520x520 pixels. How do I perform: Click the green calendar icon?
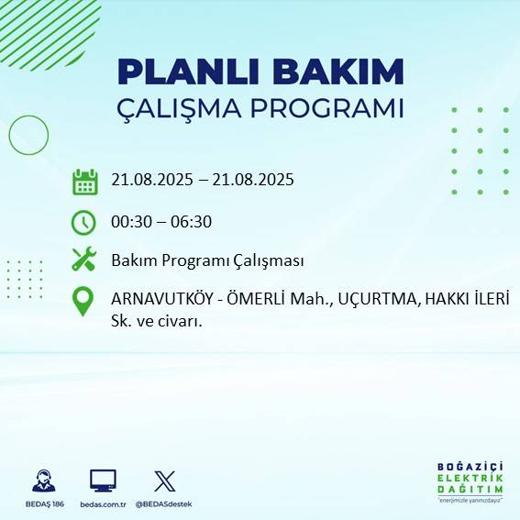coord(84,181)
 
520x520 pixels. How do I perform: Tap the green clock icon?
coord(84,222)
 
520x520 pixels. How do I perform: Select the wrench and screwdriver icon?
coord(84,260)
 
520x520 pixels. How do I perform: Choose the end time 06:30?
coord(192,221)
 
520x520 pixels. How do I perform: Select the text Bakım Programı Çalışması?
coord(207,260)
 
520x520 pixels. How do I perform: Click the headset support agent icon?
coord(42,481)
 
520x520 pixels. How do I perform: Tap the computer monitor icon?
coord(102,481)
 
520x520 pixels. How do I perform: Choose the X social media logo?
coord(165,481)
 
